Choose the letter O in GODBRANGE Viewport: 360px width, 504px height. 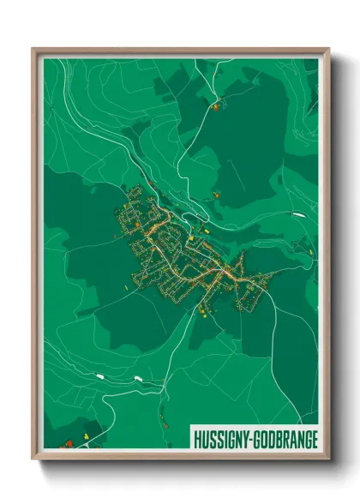coord(267,433)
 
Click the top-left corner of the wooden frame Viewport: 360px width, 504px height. coord(33,49)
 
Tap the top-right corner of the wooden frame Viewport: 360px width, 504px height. coord(329,49)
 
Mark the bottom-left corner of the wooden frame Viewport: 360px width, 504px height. coord(33,459)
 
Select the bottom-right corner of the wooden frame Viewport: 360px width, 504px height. coord(329,459)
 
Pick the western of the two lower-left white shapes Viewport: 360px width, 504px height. coord(102,375)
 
